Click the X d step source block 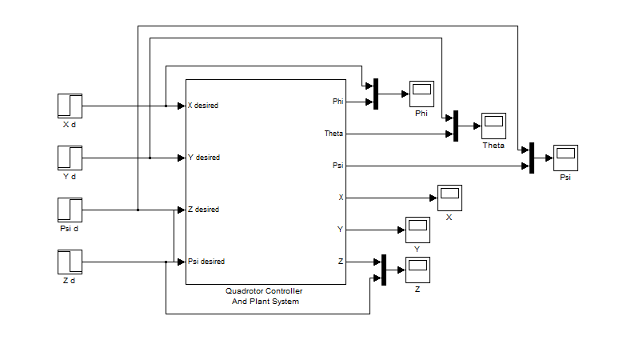[x=70, y=106]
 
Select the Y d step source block [x=70, y=158]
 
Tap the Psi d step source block [x=70, y=210]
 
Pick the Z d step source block [x=70, y=262]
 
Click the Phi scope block [x=421, y=93]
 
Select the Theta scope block [x=493, y=126]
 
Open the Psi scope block [x=566, y=158]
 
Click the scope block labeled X [x=449, y=197]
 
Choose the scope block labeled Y [x=417, y=230]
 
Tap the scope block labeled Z [x=417, y=270]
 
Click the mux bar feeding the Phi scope [x=375, y=94]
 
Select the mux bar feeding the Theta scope [x=455, y=126]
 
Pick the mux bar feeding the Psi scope [x=531, y=158]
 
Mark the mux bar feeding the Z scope [x=384, y=270]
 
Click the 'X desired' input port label [x=203, y=106]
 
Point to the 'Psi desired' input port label [x=206, y=262]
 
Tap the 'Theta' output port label [x=333, y=134]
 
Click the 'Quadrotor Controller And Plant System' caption [x=265, y=296]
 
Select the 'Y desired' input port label [x=203, y=158]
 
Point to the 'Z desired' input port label [x=203, y=210]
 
